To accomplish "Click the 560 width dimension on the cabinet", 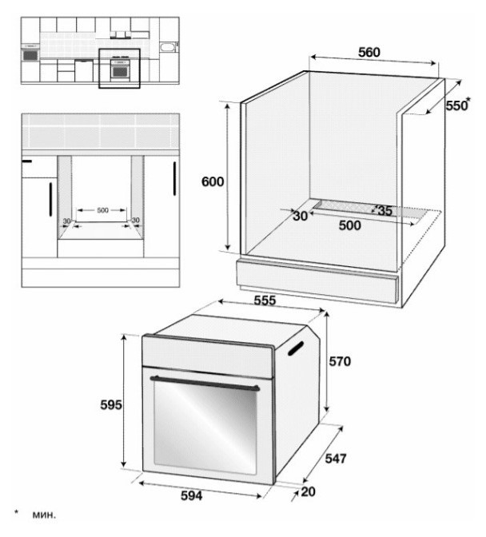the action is tap(369, 53).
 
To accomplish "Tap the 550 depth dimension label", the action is tap(456, 105).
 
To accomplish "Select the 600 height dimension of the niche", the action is tap(213, 181).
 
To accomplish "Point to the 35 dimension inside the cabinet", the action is tap(384, 211).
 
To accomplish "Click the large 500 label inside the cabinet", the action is tap(349, 225).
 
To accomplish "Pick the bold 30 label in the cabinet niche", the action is tap(300, 216).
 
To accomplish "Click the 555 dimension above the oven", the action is tap(265, 300).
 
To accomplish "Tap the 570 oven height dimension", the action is tap(340, 361).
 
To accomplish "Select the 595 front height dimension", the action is tap(111, 405).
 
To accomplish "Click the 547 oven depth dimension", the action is tap(336, 459).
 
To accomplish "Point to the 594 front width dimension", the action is tap(192, 495).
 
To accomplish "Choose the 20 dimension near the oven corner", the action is tap(308, 491).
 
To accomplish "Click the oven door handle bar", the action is tap(205, 384).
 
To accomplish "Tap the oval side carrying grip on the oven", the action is tap(296, 348).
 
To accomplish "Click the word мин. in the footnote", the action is tap(44, 515).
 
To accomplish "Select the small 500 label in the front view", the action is tap(102, 210).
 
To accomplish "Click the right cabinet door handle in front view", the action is tap(174, 178).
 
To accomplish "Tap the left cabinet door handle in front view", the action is tap(50, 199).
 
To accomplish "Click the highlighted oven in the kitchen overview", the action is tap(120, 69).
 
